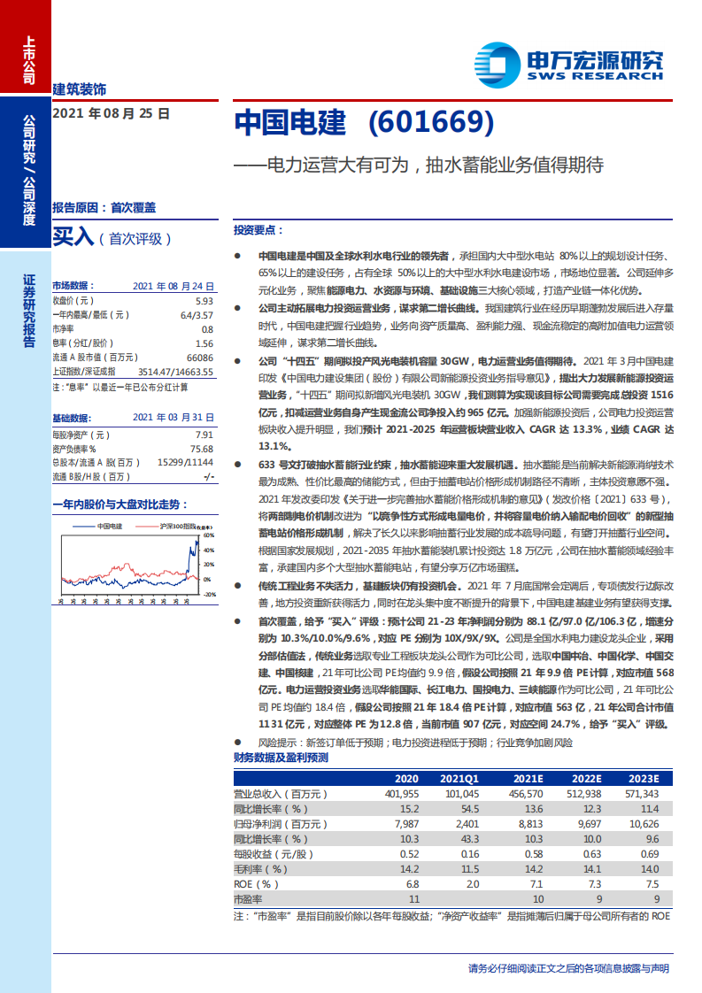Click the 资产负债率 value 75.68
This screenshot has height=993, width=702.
[x=201, y=449]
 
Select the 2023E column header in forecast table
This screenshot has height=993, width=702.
[x=643, y=778]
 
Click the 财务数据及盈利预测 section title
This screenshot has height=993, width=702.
[x=281, y=758]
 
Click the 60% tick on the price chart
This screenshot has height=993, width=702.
[x=210, y=535]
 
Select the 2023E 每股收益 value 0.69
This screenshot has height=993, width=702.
[x=649, y=854]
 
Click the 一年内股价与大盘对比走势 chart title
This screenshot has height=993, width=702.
[x=120, y=504]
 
